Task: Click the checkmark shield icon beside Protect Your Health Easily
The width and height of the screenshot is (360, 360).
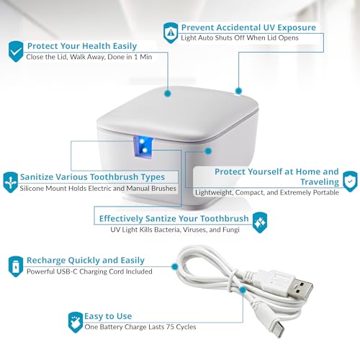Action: (16, 51)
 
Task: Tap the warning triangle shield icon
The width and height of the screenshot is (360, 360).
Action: (171, 33)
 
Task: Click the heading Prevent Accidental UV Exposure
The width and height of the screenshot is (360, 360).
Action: (248, 27)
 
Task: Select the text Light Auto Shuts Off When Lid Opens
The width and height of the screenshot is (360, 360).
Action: (240, 38)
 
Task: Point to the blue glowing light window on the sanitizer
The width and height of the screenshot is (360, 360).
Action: (143, 147)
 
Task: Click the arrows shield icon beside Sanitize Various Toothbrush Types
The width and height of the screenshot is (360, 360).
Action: (11, 182)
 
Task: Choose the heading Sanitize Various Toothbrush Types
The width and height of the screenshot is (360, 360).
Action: (92, 177)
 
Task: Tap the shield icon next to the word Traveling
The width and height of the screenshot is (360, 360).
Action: (350, 181)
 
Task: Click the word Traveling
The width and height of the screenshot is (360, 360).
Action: (320, 182)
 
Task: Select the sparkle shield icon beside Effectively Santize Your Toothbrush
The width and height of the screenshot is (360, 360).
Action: (260, 222)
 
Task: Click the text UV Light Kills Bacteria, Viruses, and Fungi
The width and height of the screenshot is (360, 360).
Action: (175, 230)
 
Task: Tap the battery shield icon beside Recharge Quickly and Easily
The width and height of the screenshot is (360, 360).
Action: (16, 266)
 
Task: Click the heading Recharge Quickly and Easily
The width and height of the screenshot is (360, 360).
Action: (86, 261)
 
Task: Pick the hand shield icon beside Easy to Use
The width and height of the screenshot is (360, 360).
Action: (76, 323)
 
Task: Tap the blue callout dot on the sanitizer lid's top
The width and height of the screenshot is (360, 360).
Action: (168, 93)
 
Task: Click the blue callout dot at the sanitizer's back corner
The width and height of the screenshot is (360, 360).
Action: (238, 91)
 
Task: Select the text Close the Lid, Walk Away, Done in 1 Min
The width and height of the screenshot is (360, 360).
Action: (89, 57)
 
